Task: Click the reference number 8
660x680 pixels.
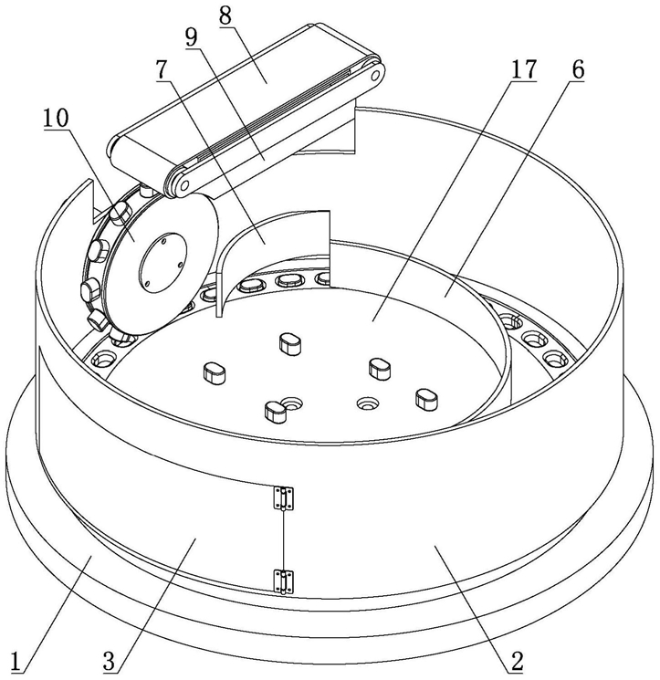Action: coord(225,16)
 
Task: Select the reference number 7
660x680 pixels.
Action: coord(162,69)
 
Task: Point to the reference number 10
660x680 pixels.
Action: coord(56,118)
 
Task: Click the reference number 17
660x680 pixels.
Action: coord(524,69)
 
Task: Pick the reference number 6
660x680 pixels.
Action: coord(578,69)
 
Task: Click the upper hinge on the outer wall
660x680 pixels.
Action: coord(283,498)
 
